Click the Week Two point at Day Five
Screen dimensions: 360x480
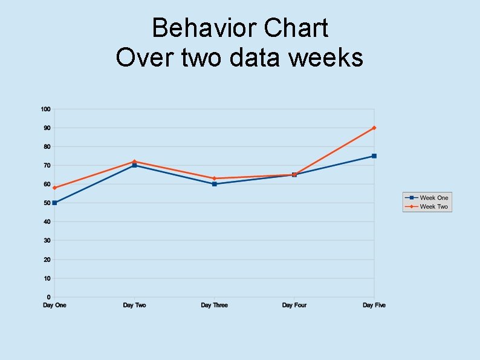point(374,128)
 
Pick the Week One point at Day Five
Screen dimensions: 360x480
point(374,156)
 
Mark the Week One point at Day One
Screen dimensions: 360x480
point(54,203)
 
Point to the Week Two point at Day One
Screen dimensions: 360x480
point(54,188)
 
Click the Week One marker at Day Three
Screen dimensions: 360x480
point(215,184)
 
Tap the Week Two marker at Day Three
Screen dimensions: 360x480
point(215,178)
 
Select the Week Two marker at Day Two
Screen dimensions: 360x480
point(134,162)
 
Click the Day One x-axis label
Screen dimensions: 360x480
point(54,306)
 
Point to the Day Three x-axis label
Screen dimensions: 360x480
point(215,306)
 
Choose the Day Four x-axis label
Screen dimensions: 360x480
point(294,306)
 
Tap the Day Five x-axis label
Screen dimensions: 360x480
point(374,306)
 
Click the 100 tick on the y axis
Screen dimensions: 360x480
point(45,109)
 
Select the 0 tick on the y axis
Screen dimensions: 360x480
point(48,297)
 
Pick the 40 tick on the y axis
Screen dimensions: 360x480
point(47,222)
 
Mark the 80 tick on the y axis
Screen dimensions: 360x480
point(47,146)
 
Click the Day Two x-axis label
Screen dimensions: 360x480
point(134,306)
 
